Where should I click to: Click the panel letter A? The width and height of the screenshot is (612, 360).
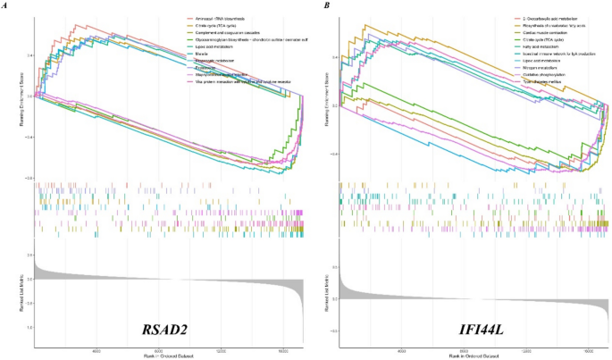pos(5,5)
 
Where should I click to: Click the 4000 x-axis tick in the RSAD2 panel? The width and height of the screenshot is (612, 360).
pos(95,351)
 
